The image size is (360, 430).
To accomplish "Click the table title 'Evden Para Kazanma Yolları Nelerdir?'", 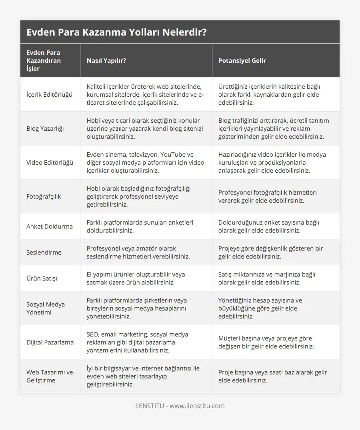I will coord(116,32).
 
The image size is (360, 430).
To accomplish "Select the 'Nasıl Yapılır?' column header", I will coord(106,61).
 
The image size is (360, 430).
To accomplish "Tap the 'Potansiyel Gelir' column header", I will coord(242,61).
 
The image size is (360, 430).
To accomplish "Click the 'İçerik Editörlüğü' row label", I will coord(49,95).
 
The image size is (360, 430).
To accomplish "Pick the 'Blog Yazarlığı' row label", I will coord(45,129).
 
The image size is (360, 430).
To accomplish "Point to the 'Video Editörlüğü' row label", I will coord(50,163).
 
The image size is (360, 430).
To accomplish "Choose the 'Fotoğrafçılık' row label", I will coord(44,197).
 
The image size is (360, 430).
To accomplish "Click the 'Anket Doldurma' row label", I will coord(50,227).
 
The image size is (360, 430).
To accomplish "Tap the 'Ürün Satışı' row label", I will coord(42,279).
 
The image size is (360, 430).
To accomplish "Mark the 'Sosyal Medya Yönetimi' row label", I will coord(46,308).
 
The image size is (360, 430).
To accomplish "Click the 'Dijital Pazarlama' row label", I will coord(50,342).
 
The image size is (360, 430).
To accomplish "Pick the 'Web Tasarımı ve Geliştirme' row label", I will coord(50,376).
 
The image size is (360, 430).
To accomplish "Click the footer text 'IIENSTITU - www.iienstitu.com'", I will coord(180,406).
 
